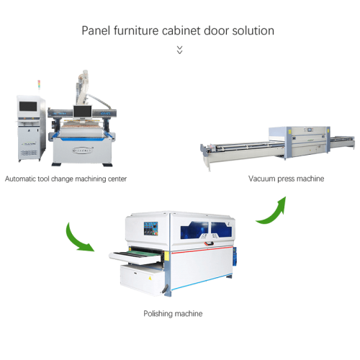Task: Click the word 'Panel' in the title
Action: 96,30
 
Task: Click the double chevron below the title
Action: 179,50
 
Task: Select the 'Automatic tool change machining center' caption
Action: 66,179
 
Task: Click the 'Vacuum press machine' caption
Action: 286,179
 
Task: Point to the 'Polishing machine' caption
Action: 173,313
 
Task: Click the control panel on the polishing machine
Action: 150,228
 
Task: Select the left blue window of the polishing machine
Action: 194,230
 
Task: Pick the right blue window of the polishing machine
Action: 221,230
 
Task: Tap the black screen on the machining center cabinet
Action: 28,107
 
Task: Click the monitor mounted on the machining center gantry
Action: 83,112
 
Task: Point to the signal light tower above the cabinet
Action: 39,85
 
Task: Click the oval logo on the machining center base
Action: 83,150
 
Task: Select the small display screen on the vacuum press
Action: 310,130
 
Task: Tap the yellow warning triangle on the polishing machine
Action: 150,278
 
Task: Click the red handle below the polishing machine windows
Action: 209,243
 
